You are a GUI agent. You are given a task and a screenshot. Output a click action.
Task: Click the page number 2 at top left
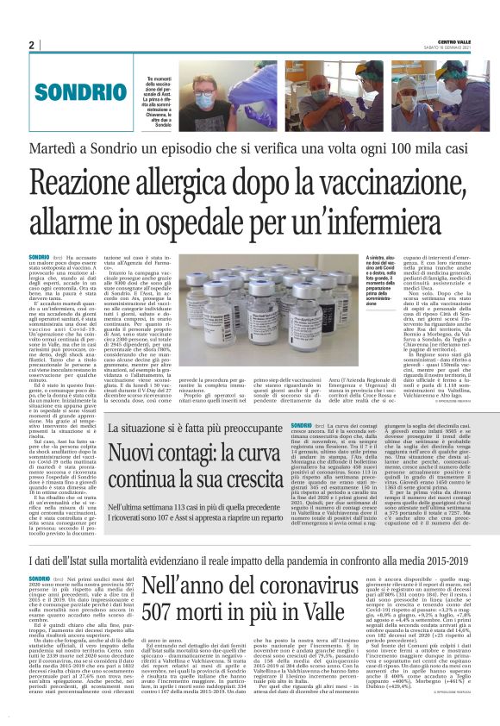(x=31, y=45)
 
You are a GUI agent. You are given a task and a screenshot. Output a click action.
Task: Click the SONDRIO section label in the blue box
(x=78, y=92)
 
